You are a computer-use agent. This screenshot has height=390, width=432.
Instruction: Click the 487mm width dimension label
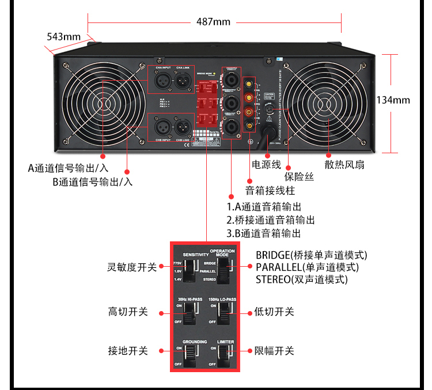point(213,22)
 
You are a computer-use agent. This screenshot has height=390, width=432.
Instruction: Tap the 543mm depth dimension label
point(63,37)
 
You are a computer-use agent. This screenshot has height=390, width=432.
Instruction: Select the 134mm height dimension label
point(393,100)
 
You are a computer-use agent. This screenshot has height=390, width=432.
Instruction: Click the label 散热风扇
point(344,165)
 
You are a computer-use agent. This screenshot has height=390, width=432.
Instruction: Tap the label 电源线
point(266,165)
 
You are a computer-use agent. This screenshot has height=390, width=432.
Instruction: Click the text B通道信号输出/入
point(92,182)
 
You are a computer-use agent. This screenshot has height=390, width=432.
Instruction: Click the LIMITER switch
point(225,351)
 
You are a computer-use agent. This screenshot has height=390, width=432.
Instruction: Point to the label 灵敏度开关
point(132,267)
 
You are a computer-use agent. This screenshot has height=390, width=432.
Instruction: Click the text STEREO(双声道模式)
point(302,279)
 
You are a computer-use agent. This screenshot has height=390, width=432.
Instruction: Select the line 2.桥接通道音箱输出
point(270,219)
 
